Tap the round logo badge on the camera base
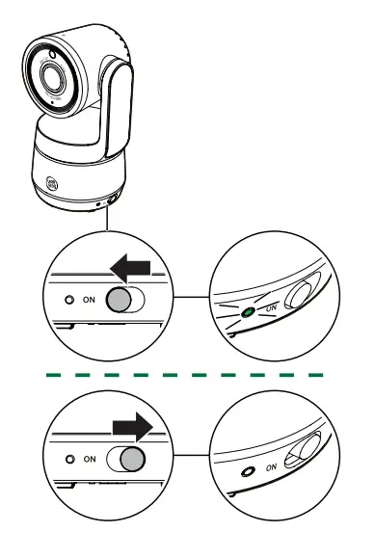click(52, 182)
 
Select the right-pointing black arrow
click(132, 425)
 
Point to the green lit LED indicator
click(249, 312)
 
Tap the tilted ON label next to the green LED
click(271, 306)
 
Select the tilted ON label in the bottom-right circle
click(271, 465)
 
